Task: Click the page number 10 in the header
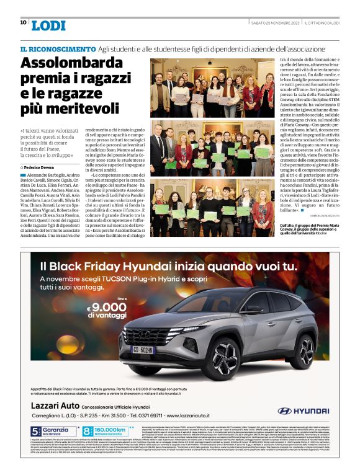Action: pos(23,22)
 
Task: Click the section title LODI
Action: pos(48,25)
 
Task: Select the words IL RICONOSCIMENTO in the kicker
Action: pos(58,48)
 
